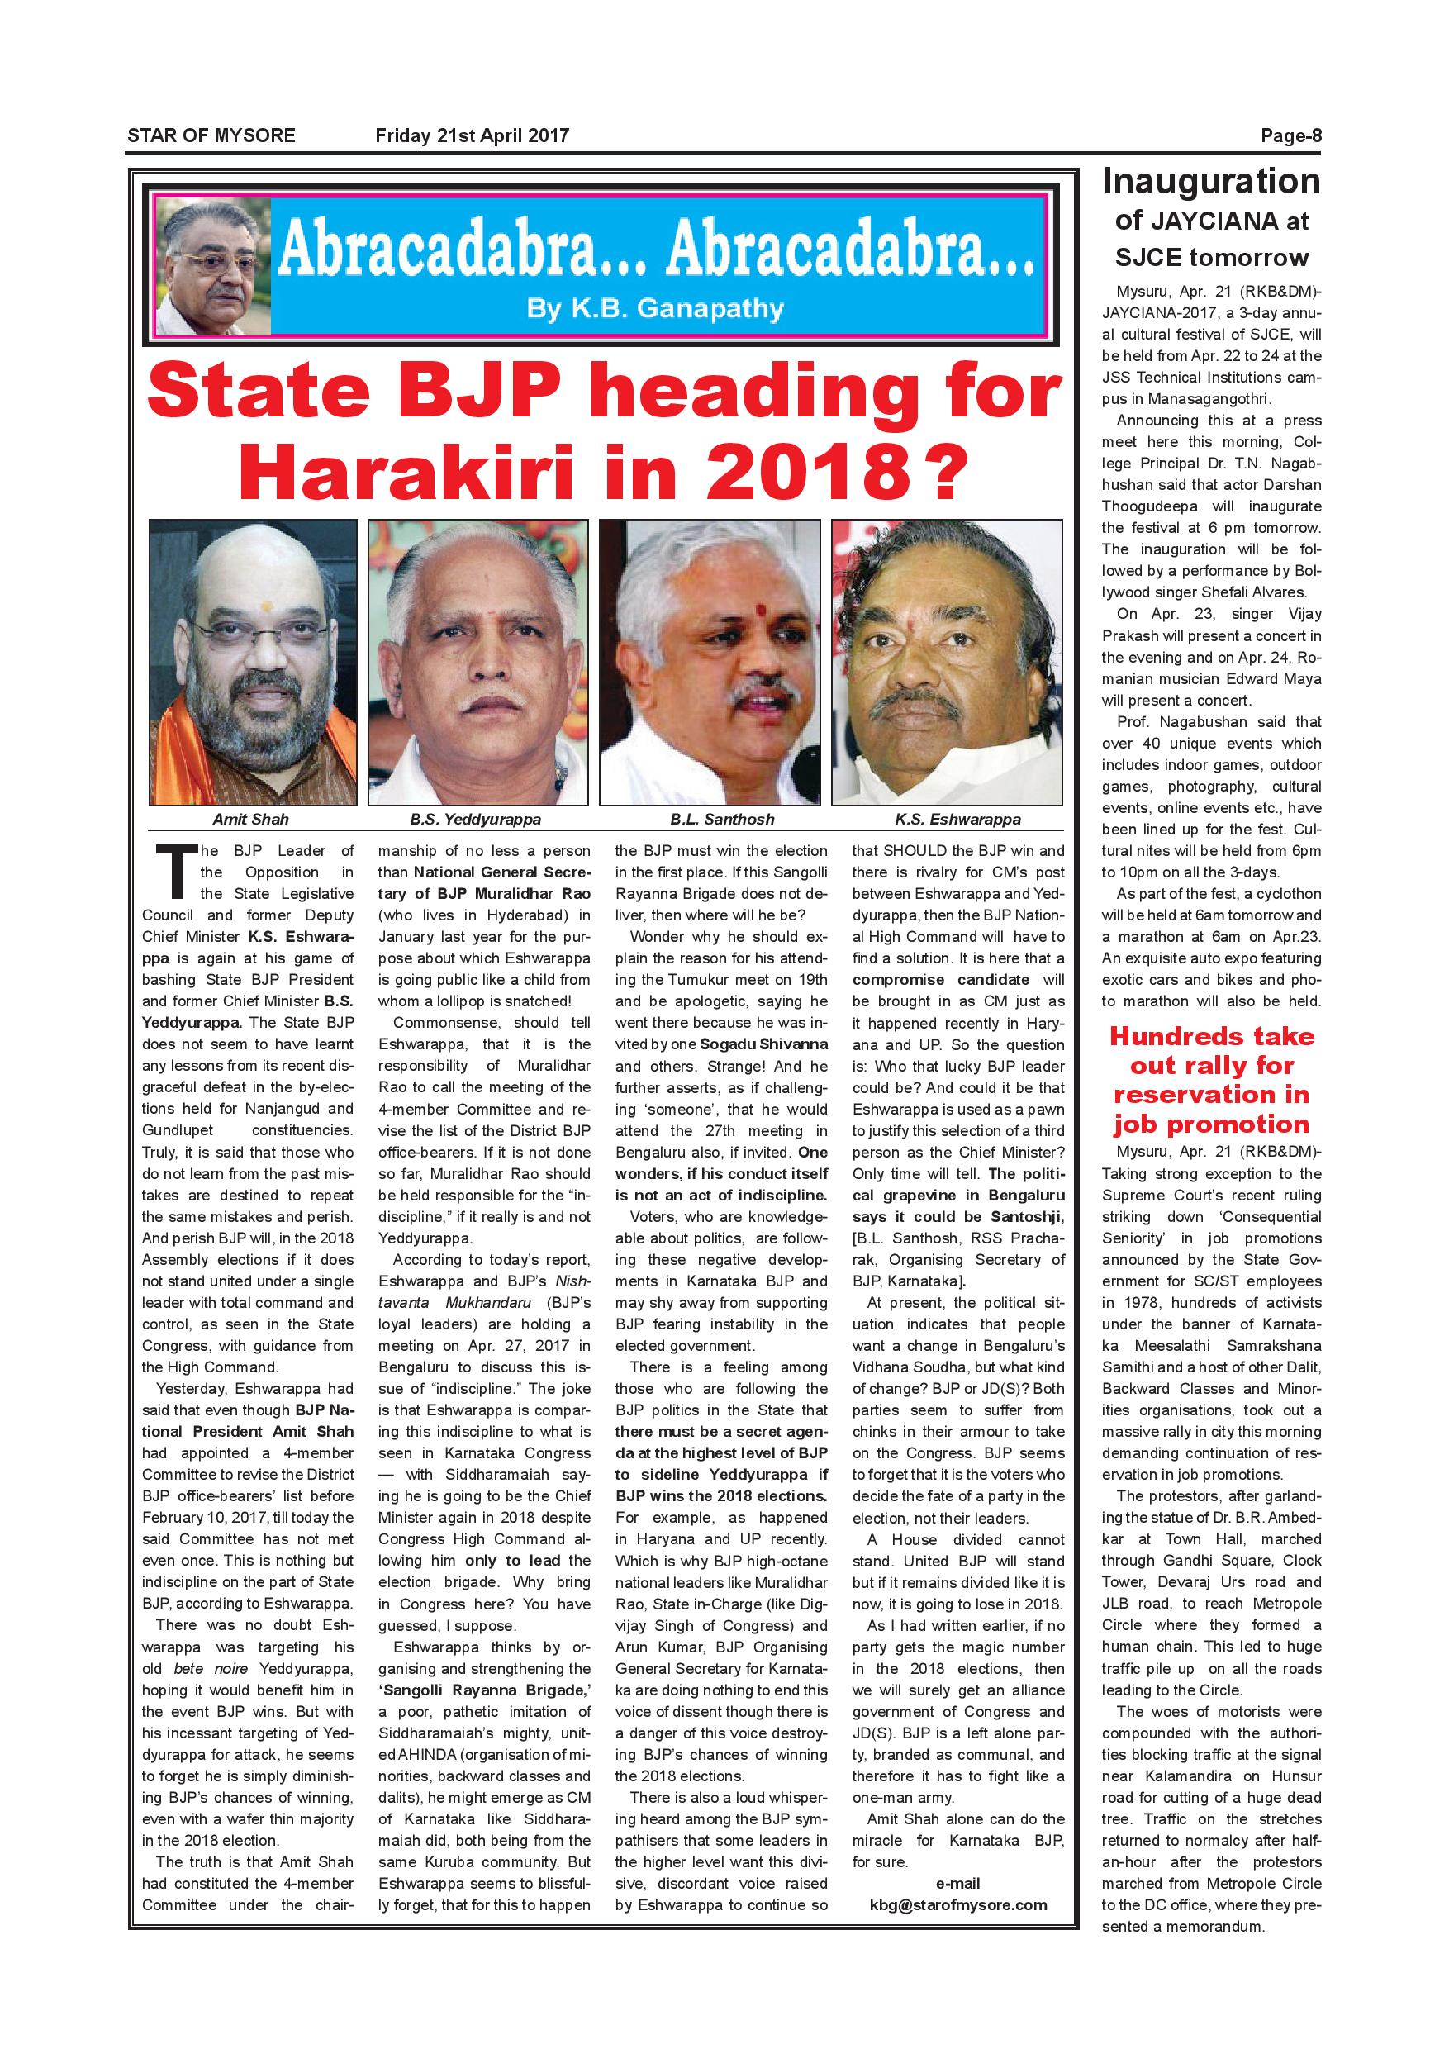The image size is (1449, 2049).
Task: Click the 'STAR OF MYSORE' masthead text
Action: tap(211, 136)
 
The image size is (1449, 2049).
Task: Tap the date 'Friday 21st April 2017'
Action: tap(472, 136)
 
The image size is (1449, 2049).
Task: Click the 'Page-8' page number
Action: tap(1290, 136)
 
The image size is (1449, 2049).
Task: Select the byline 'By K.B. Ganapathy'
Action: tap(656, 309)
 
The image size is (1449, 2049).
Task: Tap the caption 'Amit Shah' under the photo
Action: tap(250, 818)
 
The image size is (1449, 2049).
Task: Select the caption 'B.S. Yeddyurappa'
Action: tap(476, 818)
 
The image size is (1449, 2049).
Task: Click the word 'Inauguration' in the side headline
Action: tap(1211, 181)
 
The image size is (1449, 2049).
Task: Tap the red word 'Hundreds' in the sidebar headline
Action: tap(1212, 1036)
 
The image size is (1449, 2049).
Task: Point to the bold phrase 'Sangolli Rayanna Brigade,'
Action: tap(484, 1690)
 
